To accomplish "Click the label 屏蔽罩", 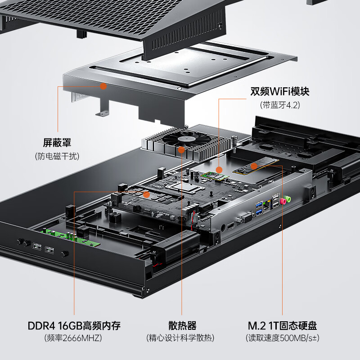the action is [57, 143].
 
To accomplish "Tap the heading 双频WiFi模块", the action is [279, 91].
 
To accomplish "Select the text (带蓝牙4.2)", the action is [280, 105].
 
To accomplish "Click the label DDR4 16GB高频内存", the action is [74, 325].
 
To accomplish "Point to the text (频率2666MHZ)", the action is [73, 338].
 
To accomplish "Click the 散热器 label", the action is [182, 325].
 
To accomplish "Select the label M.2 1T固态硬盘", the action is [282, 325].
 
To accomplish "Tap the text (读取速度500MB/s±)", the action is [283, 338].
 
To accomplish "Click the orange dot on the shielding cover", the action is [103, 86].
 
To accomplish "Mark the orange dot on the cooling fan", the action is [181, 150].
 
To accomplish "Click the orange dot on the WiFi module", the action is [219, 170].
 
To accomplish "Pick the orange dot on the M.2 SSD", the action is [254, 166].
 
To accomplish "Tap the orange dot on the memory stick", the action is [147, 195].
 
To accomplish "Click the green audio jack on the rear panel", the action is [288, 199].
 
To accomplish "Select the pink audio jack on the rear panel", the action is [283, 202].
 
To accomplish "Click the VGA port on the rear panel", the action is [246, 218].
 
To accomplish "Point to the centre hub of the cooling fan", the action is [187, 139].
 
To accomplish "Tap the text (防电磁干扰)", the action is [57, 156].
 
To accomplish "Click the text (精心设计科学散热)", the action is [180, 338].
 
